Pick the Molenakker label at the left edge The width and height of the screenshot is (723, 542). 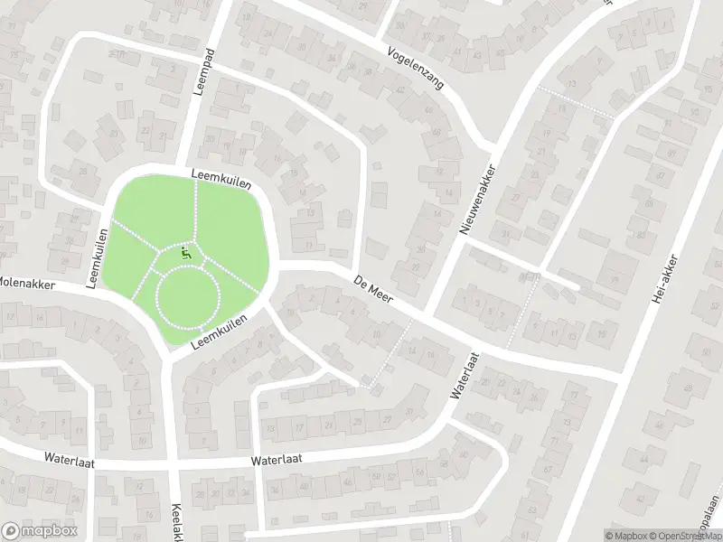pyautogui.click(x=27, y=284)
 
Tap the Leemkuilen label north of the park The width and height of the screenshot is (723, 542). pyautogui.click(x=220, y=176)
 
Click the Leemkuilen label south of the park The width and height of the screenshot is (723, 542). pyautogui.click(x=221, y=333)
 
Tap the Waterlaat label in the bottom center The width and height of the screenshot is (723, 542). pyautogui.click(x=276, y=459)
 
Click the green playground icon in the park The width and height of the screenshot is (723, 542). pyautogui.click(x=187, y=253)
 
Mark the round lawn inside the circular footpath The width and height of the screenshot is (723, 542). pyautogui.click(x=188, y=299)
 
